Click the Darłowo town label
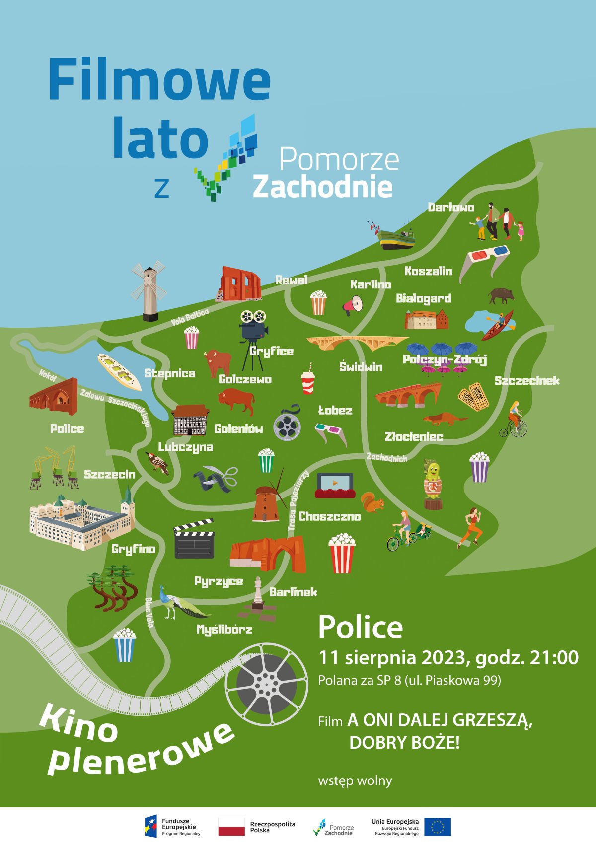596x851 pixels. coord(451,207)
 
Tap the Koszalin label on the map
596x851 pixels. coord(428,271)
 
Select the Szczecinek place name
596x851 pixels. coord(527,381)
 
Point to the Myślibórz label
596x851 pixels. coord(224,630)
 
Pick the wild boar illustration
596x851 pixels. coord(501,296)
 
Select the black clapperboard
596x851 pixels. coord(194,539)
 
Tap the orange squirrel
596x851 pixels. coord(372,502)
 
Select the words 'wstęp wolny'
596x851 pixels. coord(355,780)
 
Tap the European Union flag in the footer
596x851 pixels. coord(438,827)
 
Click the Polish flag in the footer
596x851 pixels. coord(231,827)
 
